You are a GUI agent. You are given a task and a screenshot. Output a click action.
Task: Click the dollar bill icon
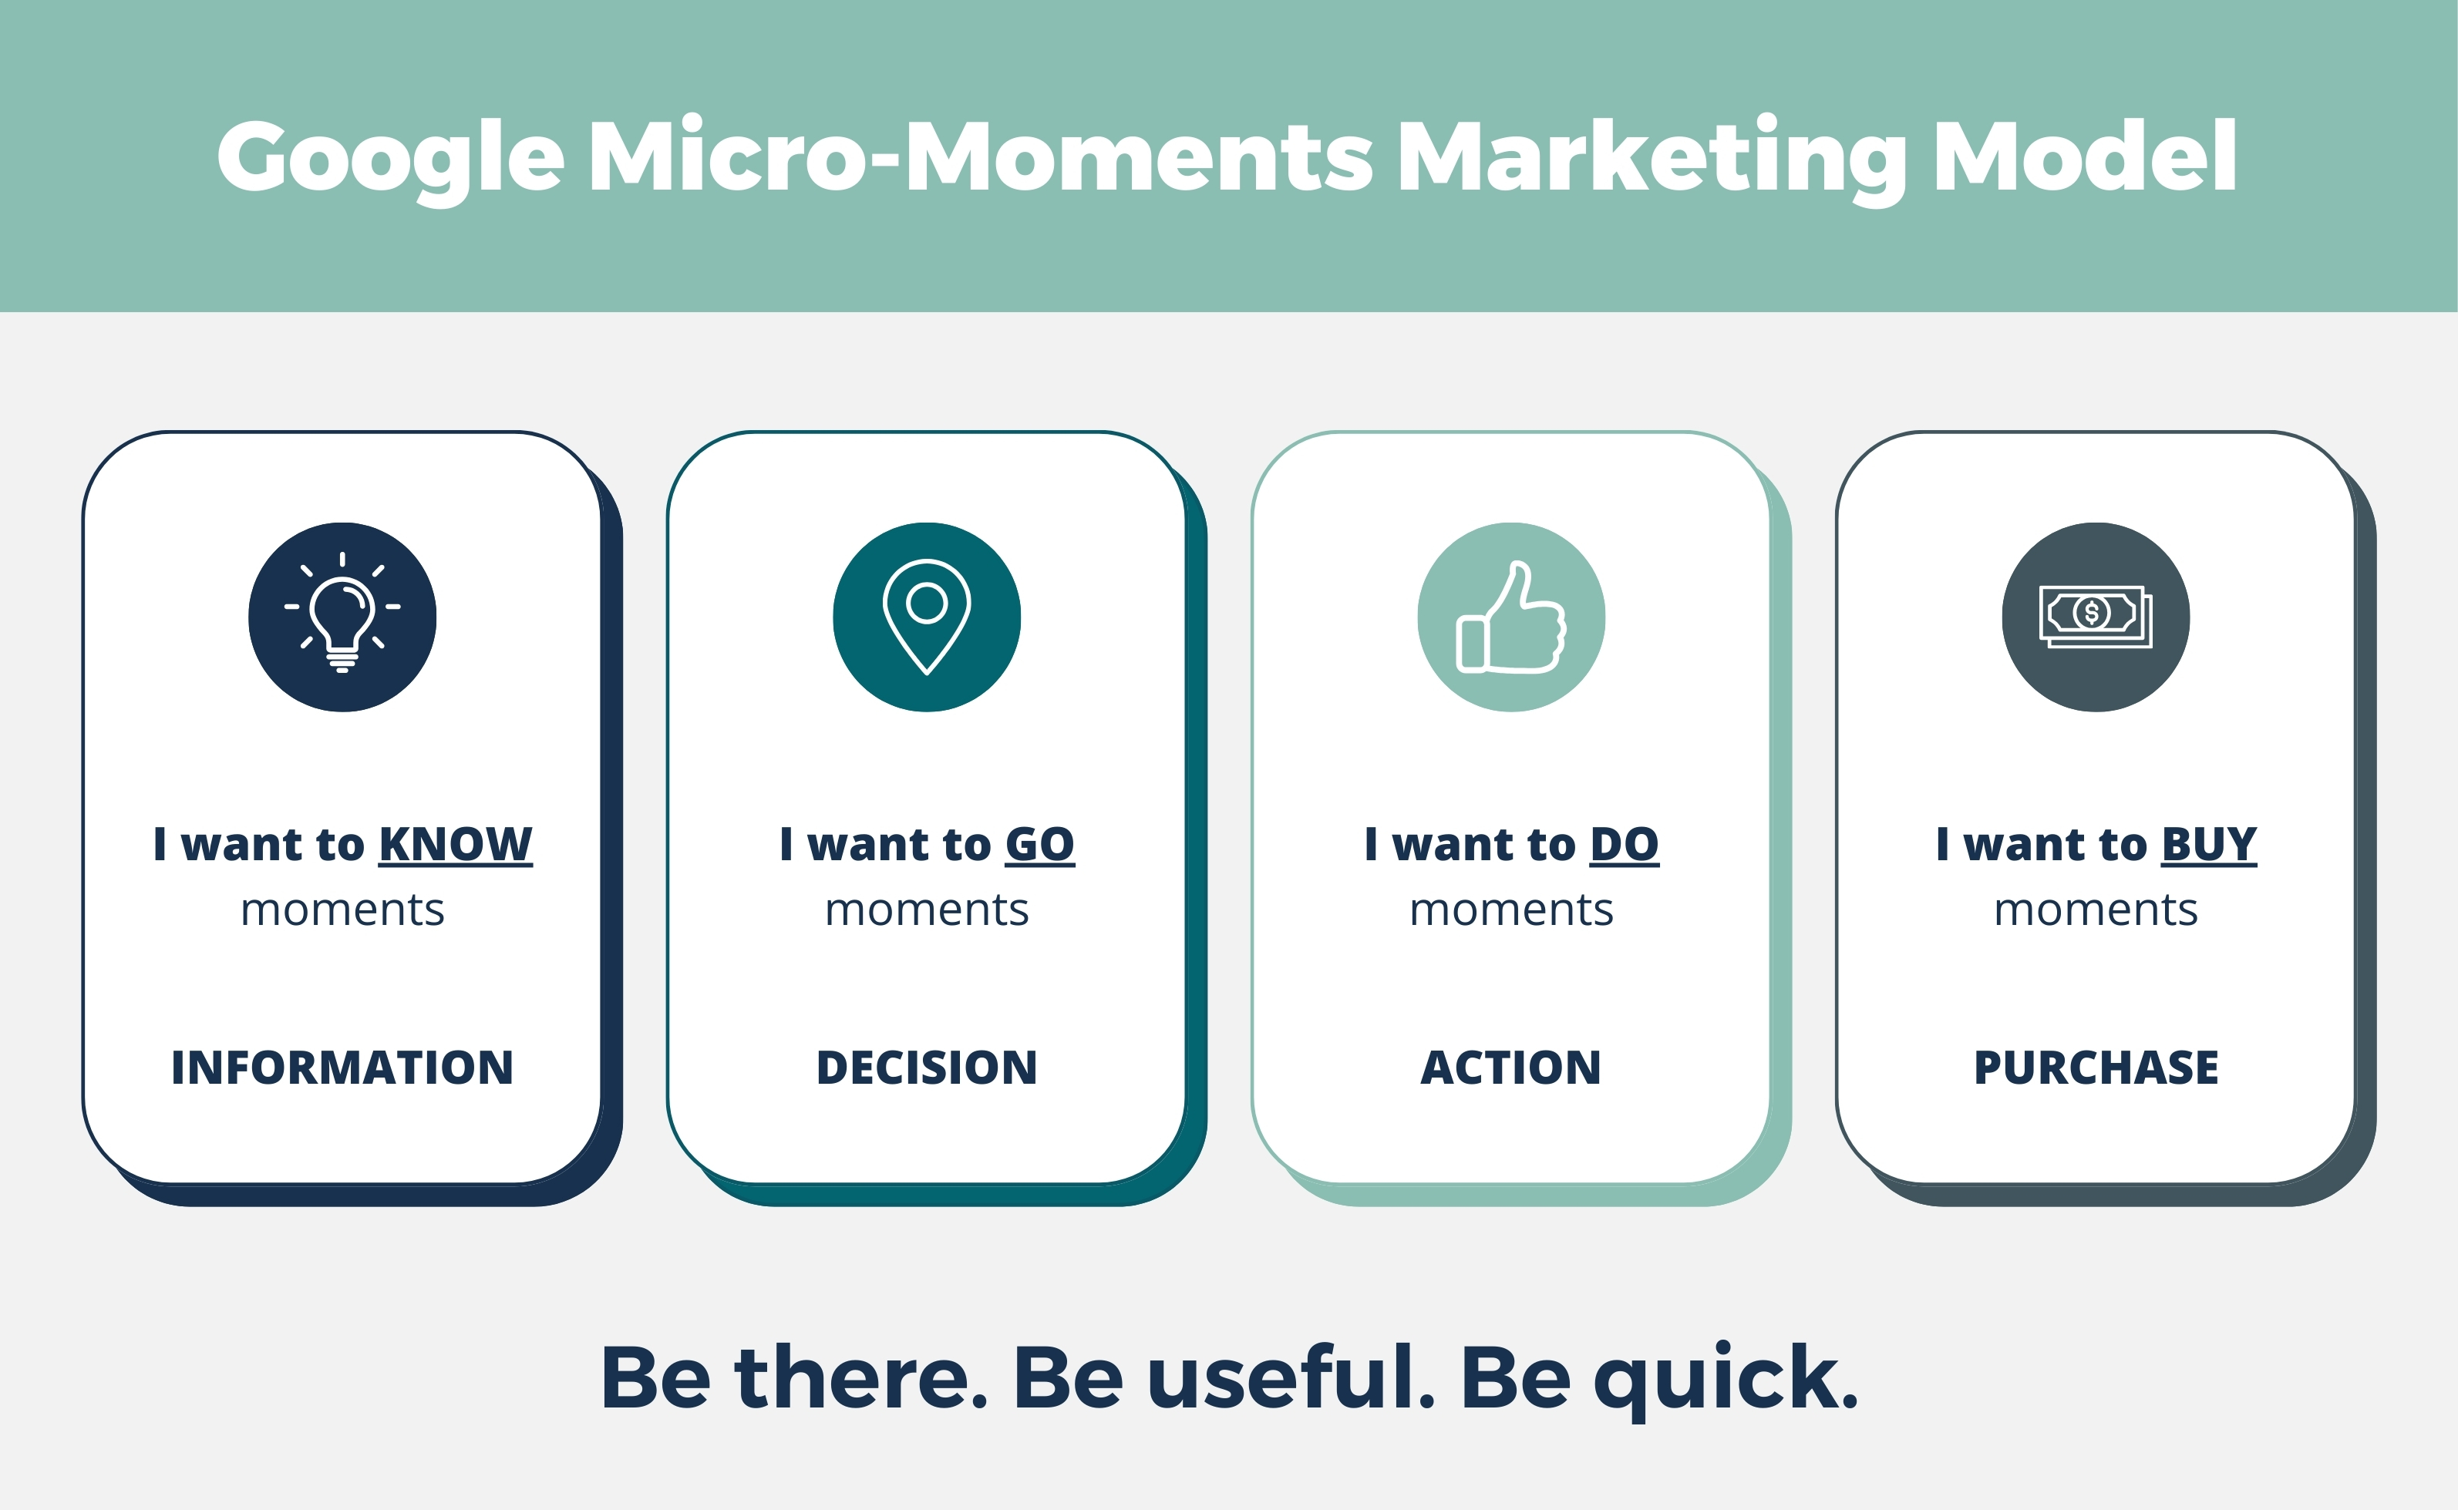pyautogui.click(x=2096, y=616)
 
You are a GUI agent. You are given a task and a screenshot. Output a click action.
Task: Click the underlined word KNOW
pyautogui.click(x=456, y=845)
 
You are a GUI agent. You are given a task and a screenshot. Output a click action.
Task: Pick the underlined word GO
pyautogui.click(x=1040, y=845)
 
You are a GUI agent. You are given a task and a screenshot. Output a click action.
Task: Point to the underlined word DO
pyautogui.click(x=1624, y=845)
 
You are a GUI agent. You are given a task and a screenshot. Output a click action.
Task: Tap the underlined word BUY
pyautogui.click(x=2208, y=845)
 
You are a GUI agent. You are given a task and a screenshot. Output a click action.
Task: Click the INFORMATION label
pyautogui.click(x=342, y=1068)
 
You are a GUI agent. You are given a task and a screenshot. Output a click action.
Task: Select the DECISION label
pyautogui.click(x=927, y=1068)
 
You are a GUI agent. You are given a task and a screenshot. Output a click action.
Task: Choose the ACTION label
pyautogui.click(x=1511, y=1068)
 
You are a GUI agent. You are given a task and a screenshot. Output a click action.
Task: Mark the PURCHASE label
pyautogui.click(x=2096, y=1068)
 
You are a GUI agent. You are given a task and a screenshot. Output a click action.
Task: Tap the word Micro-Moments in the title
pyautogui.click(x=981, y=156)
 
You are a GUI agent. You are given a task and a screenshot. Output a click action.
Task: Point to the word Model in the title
pyautogui.click(x=2086, y=156)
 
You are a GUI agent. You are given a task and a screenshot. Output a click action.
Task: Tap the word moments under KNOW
pyautogui.click(x=342, y=910)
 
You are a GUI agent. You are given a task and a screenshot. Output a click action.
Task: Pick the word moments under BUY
pyautogui.click(x=2096, y=910)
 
